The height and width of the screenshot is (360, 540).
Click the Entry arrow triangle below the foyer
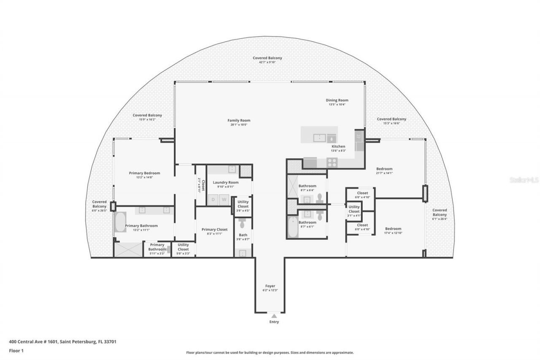274,316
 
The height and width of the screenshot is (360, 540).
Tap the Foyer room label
270,286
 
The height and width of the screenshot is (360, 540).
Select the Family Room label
239,120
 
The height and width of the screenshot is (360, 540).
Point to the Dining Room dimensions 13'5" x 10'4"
337,104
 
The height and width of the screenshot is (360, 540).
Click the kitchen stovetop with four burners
332,162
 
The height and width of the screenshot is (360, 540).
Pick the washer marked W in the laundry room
224,199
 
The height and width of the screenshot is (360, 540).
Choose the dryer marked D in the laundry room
213,199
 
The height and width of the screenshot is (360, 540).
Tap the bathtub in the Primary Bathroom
120,222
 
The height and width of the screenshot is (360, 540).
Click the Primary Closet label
215,230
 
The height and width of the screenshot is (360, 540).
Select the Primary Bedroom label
144,173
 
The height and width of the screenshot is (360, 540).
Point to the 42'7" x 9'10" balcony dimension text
267,62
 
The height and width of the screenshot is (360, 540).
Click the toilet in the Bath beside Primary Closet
242,223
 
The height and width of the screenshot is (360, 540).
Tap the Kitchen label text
338,146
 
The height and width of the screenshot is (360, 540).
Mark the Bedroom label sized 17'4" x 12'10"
393,229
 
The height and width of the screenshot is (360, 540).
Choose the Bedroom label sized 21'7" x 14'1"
384,169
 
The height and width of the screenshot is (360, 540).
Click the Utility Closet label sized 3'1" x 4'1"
354,209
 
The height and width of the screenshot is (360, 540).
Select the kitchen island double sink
320,138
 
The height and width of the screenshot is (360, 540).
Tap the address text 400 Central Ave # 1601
33,342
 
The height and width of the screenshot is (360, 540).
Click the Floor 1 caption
16,351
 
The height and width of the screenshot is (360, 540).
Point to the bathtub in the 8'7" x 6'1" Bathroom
293,227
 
